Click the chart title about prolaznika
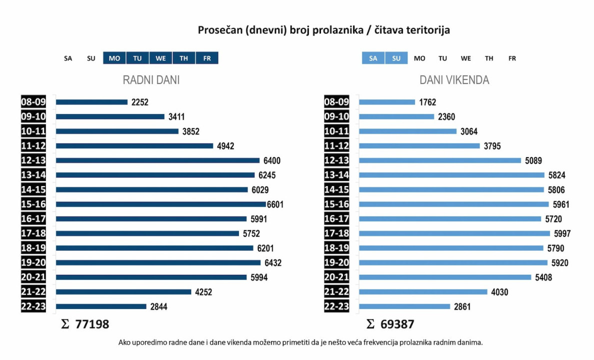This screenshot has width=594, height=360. point(324,30)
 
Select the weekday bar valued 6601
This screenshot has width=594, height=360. point(160,204)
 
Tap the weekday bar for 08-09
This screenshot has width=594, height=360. point(91,102)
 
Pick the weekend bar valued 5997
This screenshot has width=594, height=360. point(454,233)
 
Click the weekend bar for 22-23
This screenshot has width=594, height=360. point(404,306)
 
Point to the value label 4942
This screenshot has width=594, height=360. point(225,146)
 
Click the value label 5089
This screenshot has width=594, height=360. point(533,160)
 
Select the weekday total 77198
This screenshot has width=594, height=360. point(92,324)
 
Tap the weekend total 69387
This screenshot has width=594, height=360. point(397,324)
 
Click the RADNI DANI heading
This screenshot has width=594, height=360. point(151,80)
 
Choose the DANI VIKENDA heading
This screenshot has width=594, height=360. point(454,80)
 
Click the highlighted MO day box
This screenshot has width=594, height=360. point(114,58)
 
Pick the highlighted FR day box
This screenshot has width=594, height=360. point(207,58)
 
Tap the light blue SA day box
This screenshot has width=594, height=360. point(373,58)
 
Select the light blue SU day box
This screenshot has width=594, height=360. point(396,58)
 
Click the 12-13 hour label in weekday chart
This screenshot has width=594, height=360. point(33,160)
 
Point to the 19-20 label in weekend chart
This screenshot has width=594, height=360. point(336,262)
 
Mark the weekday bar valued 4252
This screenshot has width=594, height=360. point(123,291)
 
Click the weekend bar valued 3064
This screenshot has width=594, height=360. point(408,131)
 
